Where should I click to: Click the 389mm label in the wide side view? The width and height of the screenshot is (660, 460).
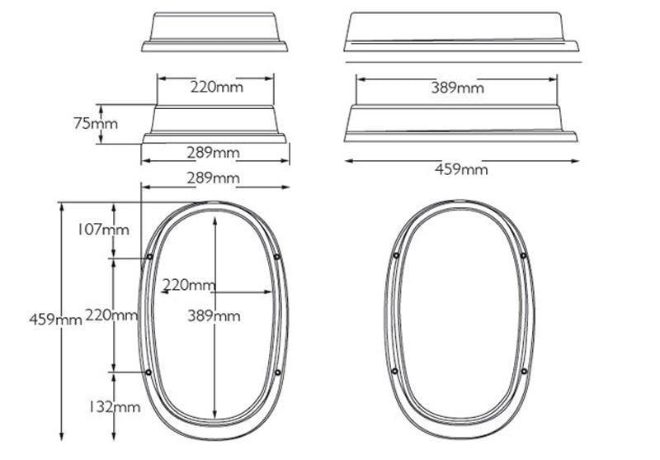pos(458,88)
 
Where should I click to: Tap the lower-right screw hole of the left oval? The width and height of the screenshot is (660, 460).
pos(276,373)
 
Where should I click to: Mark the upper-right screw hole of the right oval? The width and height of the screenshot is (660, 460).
pos(523,255)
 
